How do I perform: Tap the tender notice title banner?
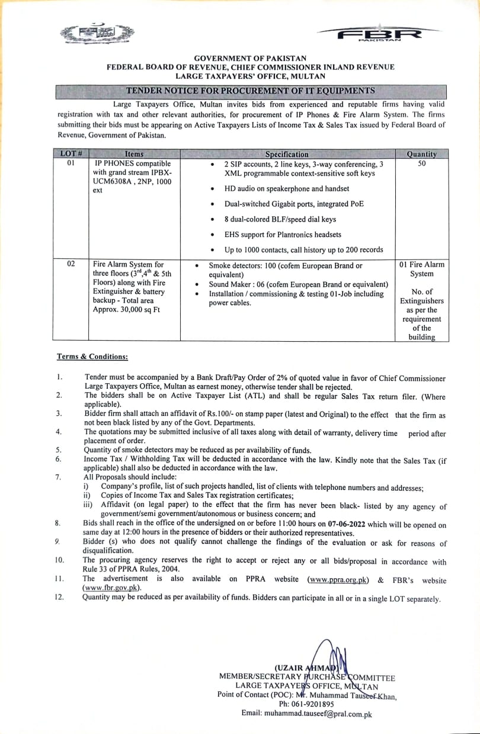click(250, 91)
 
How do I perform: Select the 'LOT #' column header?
click(71, 154)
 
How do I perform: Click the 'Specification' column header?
click(287, 154)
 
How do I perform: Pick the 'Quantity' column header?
click(421, 154)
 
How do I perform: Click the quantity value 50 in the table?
click(421, 164)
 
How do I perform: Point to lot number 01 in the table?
click(71, 164)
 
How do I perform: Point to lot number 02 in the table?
click(71, 264)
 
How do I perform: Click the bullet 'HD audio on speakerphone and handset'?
click(287, 188)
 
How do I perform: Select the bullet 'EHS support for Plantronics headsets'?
click(283, 234)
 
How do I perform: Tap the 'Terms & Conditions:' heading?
click(92, 357)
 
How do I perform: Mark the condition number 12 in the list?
click(59, 598)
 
